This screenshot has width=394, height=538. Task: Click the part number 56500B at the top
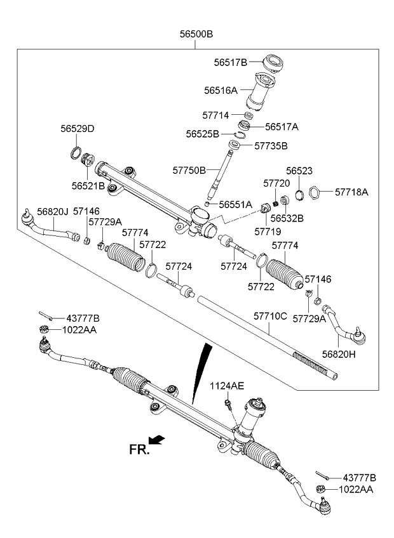(x=196, y=34)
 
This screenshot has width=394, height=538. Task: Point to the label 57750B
(x=189, y=170)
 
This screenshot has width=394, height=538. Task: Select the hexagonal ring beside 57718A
(x=314, y=191)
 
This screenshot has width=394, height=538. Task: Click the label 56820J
(x=53, y=211)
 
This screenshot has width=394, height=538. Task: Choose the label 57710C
(x=271, y=315)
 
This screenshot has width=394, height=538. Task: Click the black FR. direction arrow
(x=159, y=439)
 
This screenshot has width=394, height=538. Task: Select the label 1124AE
(x=227, y=386)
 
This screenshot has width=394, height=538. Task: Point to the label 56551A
(x=235, y=204)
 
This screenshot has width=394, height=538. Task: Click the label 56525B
(x=203, y=134)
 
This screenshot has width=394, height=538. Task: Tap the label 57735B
(x=271, y=145)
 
